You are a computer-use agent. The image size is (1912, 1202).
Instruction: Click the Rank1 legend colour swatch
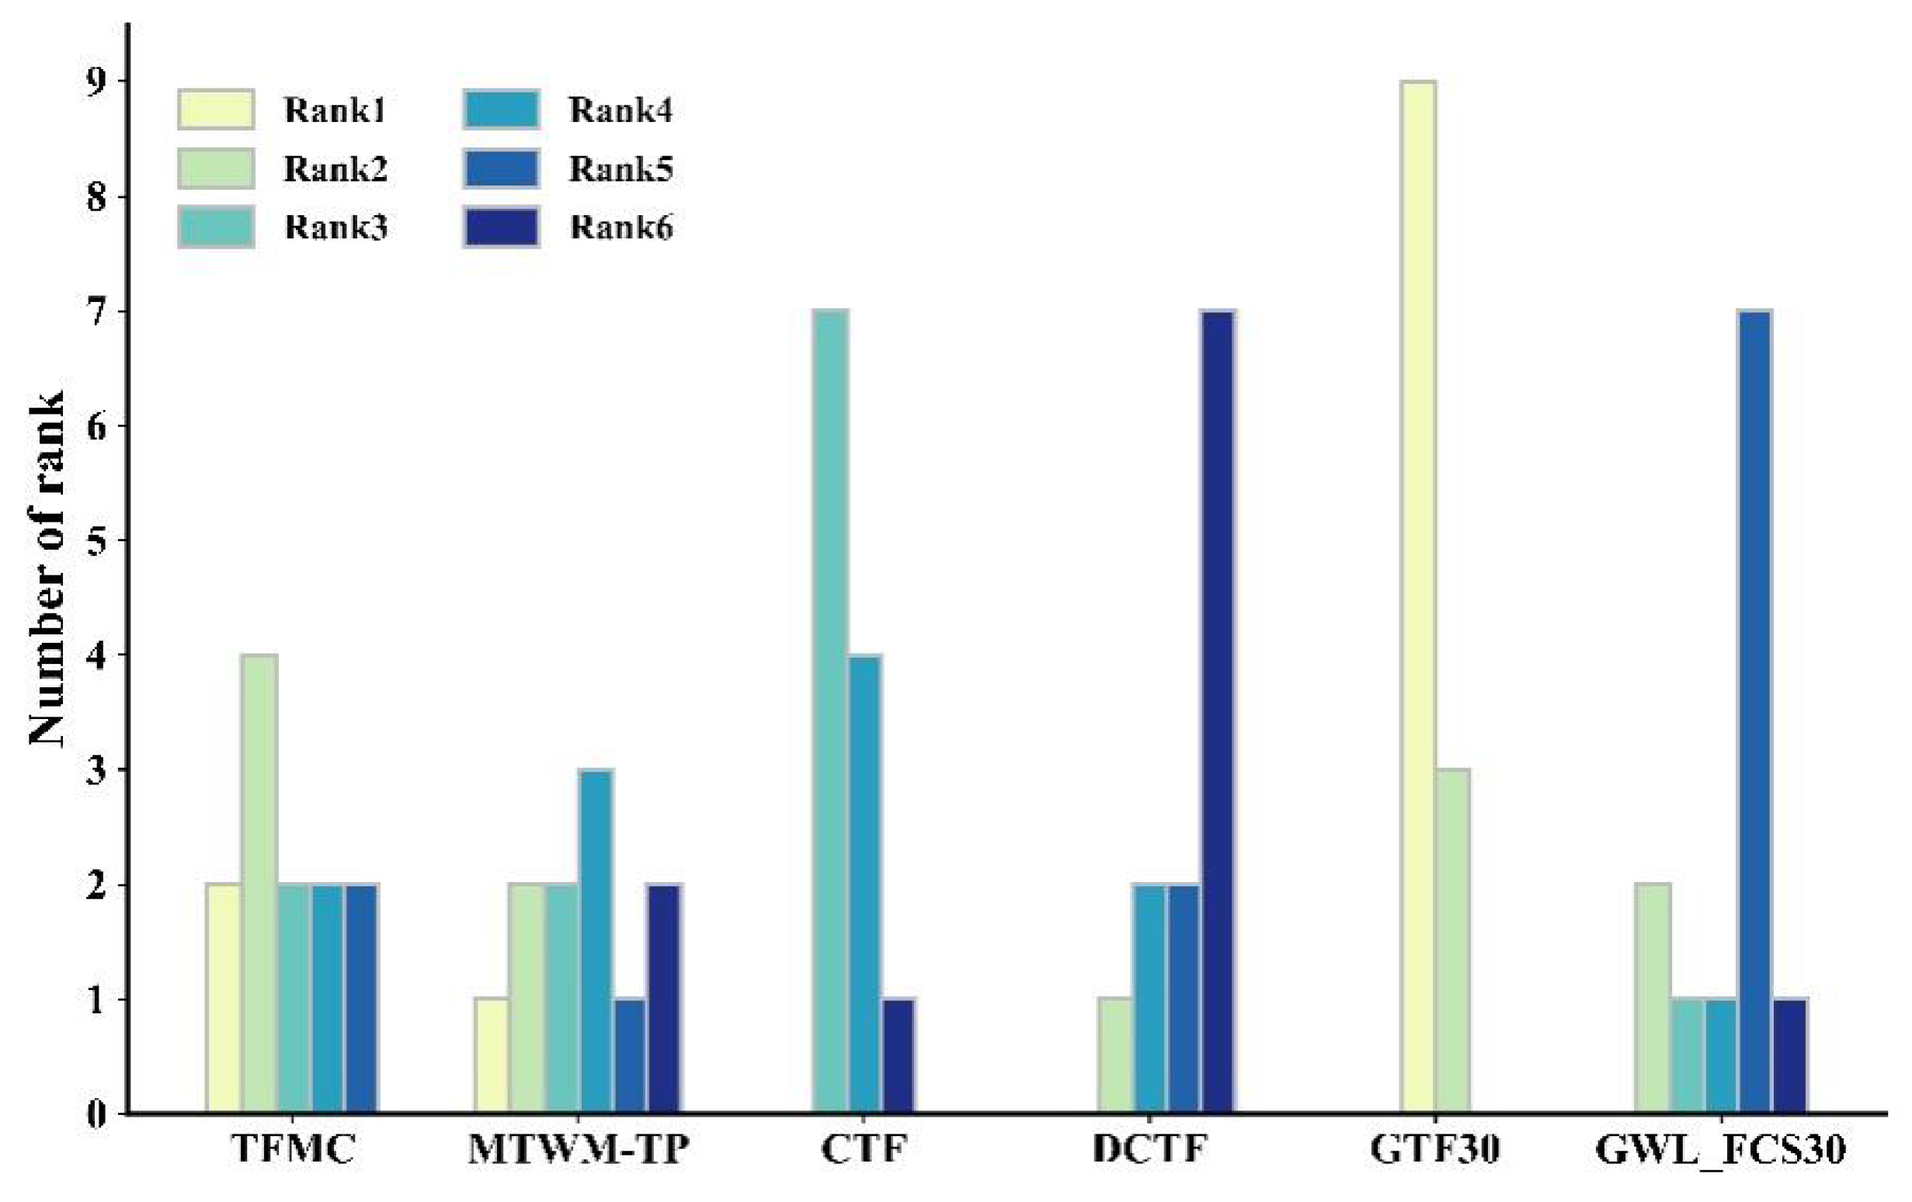coord(215,109)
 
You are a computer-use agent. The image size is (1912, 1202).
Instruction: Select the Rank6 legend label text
coord(621,228)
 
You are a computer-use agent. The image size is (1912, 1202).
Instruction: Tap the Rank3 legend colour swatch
coord(215,227)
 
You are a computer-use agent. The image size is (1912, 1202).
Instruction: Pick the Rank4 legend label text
coord(621,110)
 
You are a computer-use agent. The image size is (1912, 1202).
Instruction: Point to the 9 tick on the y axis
coord(96,82)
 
